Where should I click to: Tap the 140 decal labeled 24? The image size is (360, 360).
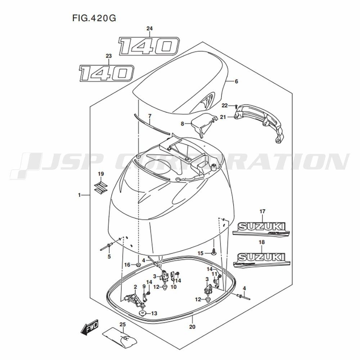pyautogui.click(x=149, y=46)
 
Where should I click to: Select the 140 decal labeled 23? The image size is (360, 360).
pyautogui.click(x=107, y=73)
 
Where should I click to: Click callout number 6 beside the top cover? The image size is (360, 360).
pyautogui.click(x=237, y=82)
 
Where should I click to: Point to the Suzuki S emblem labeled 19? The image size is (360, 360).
pyautogui.click(x=100, y=188)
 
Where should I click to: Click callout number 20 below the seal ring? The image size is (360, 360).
pyautogui.click(x=192, y=327)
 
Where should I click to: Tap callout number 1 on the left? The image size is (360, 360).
pyautogui.click(x=79, y=195)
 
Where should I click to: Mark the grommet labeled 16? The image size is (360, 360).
pyautogui.click(x=138, y=265)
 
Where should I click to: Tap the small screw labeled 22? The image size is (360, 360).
pyautogui.click(x=235, y=106)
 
